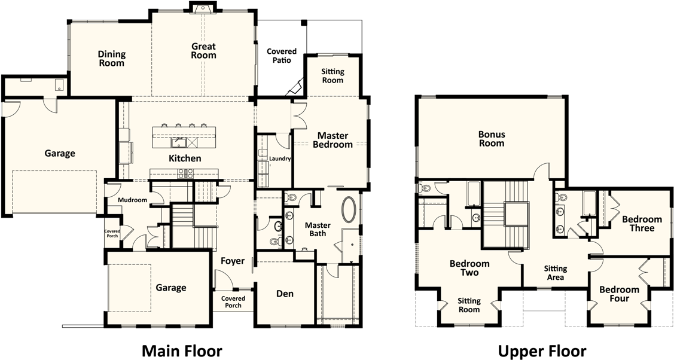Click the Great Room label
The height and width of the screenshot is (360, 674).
204,51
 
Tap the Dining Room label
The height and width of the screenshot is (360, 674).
112,59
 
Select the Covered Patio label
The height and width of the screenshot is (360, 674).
282,56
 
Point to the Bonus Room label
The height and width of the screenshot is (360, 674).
492,139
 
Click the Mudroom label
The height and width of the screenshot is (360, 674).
132,200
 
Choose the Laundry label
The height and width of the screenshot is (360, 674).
280,158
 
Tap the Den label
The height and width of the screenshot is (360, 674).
285,294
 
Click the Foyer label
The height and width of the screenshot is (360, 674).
233,261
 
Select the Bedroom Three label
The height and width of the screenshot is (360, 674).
642,224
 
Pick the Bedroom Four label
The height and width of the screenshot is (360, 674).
620,294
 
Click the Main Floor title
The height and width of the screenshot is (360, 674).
182,350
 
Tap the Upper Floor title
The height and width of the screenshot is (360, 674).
542,351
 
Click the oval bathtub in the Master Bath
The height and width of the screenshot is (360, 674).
349,209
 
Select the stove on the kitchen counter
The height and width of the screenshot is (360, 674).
185,173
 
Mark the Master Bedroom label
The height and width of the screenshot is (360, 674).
333,140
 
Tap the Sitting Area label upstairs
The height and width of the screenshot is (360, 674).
556,273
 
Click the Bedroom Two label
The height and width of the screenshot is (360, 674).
469,268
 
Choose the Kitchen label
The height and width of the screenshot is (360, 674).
185,158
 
